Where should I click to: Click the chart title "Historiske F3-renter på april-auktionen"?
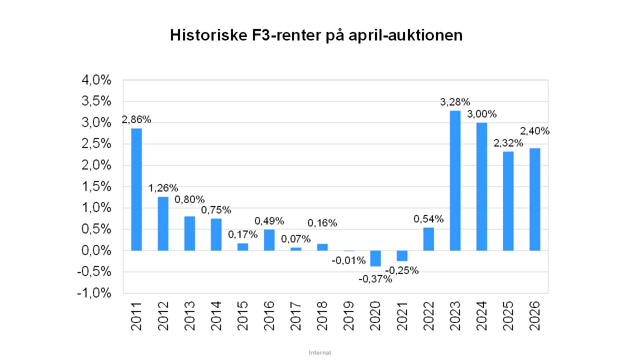click(316, 35)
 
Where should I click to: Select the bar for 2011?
click(136, 189)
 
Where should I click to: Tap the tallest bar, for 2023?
click(455, 180)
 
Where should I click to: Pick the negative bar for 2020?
click(375, 258)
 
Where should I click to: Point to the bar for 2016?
click(269, 240)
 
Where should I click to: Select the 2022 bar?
click(428, 239)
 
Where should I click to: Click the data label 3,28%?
click(455, 102)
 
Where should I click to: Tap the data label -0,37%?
click(375, 279)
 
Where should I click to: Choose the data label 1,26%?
click(163, 188)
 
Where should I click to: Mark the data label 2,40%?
click(534, 131)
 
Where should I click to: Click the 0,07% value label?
click(295, 239)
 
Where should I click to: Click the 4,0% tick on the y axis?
click(96, 80)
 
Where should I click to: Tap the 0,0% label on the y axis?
click(96, 250)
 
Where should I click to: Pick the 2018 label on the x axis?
click(322, 316)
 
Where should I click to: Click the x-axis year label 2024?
click(481, 316)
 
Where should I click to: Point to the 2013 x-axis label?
click(189, 316)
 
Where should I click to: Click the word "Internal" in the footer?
click(320, 352)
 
